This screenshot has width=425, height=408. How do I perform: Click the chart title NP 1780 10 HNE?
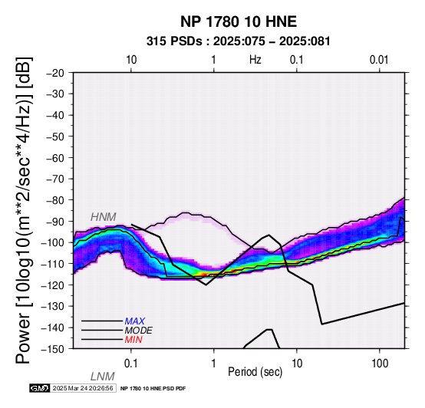[239, 21]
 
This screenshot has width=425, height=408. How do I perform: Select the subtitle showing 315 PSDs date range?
[239, 41]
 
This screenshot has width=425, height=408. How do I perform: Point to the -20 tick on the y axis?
[55, 73]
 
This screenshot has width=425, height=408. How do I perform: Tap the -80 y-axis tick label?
[55, 200]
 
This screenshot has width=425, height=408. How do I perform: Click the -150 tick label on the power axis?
[53, 349]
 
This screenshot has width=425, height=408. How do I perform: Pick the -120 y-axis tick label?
[53, 285]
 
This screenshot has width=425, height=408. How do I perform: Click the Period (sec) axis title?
[255, 372]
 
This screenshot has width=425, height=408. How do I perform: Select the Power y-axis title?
[24, 210]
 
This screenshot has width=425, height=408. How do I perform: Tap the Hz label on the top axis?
[255, 60]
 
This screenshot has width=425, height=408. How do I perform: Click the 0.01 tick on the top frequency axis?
[379, 60]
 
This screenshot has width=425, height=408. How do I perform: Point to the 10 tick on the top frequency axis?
[131, 60]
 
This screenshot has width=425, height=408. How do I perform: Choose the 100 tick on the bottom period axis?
[380, 364]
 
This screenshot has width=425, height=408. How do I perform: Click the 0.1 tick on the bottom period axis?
[131, 364]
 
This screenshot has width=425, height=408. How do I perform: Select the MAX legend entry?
[135, 321]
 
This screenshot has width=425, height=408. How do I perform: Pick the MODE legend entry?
[139, 331]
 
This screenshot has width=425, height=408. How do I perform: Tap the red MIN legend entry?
[133, 340]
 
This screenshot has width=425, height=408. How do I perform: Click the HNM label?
[104, 217]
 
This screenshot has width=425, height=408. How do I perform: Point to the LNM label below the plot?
[103, 377]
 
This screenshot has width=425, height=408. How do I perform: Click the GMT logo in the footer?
[40, 389]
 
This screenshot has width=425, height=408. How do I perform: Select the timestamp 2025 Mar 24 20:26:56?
[83, 389]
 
